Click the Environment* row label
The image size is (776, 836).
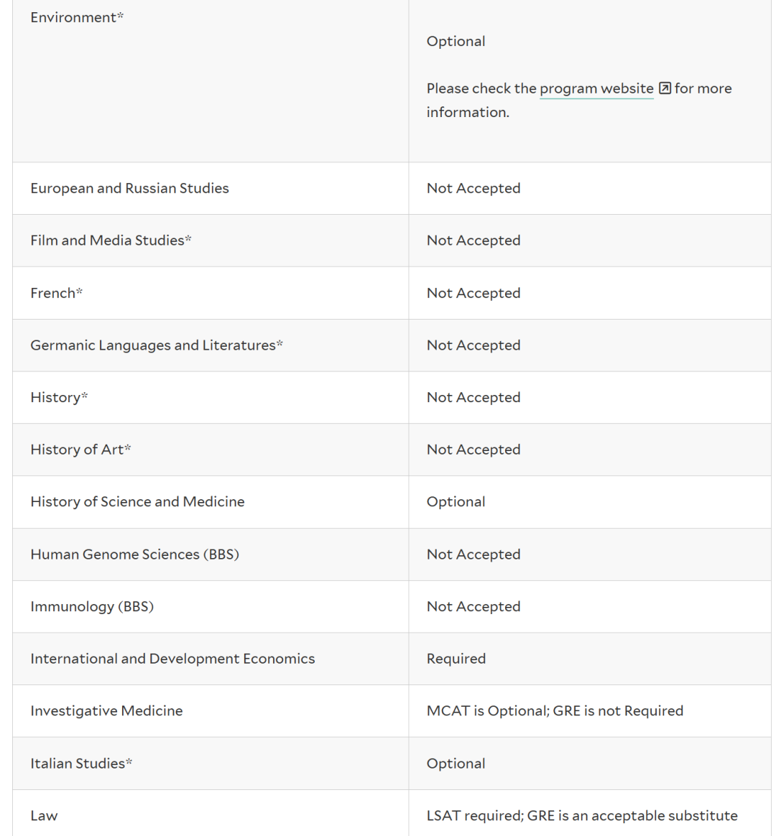pos(77,17)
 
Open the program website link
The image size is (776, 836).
pos(596,88)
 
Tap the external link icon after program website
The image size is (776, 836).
pos(665,88)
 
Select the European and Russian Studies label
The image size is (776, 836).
pos(129,188)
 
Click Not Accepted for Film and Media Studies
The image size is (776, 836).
pos(474,241)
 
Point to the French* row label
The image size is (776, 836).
pos(56,293)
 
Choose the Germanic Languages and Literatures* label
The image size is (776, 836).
pos(157,345)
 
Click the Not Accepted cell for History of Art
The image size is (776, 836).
pos(474,450)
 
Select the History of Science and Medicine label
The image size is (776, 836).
pos(137,502)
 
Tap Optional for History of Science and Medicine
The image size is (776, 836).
pos(456,502)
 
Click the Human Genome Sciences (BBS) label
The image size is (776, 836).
pos(134,554)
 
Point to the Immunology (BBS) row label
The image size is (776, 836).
pos(92,607)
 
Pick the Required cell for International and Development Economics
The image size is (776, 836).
pos(456,659)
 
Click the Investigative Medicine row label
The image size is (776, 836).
pos(106,711)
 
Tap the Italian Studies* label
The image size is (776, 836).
pos(81,763)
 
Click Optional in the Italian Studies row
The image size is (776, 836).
pos(456,763)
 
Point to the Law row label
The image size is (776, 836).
pos(44,816)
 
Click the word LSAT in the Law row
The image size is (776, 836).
pos(444,816)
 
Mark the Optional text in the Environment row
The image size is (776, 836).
pos(456,42)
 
